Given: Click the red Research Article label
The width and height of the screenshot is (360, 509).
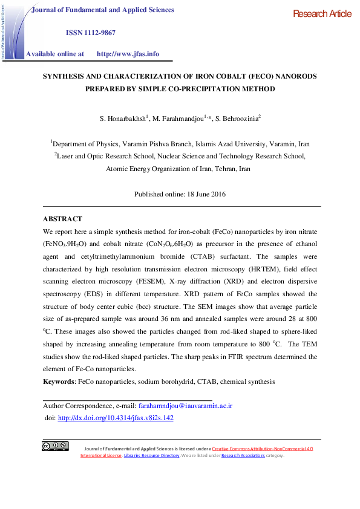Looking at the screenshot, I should pyautogui.click(x=321, y=14).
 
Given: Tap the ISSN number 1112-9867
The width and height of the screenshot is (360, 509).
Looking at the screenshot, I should pyautogui.click(x=99, y=32).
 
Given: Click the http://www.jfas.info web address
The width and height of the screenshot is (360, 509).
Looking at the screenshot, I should pyautogui.click(x=128, y=54).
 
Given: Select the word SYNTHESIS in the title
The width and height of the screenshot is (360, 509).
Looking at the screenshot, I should pyautogui.click(x=64, y=77).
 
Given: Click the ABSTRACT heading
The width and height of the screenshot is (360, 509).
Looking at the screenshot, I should pyautogui.click(x=62, y=219).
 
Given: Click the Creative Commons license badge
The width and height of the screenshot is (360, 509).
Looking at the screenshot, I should pyautogui.click(x=54, y=447).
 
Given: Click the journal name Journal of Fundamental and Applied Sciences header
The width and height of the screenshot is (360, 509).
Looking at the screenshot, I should pyautogui.click(x=102, y=10).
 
